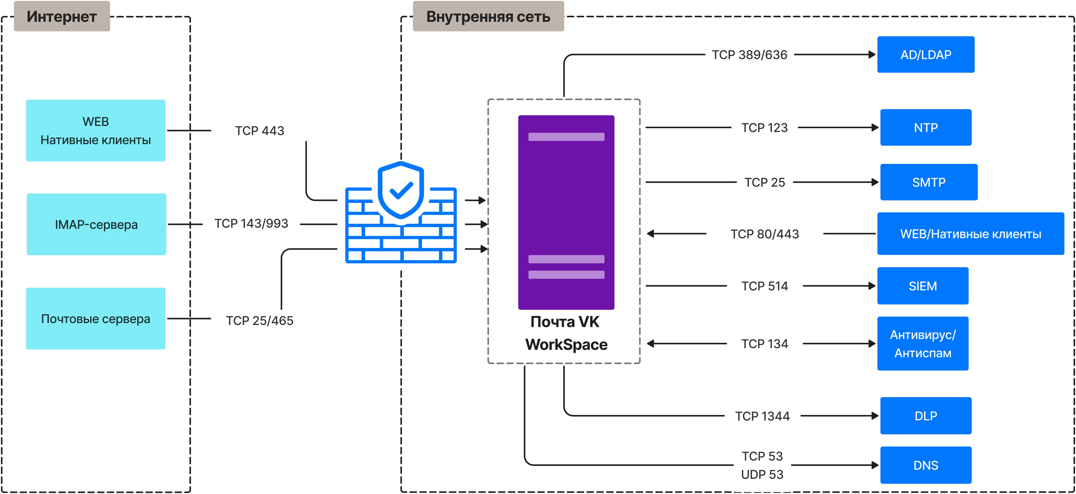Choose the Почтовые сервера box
96,319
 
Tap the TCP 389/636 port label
749,55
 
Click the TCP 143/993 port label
251,224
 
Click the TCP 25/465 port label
259,321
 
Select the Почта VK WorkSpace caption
566,333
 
